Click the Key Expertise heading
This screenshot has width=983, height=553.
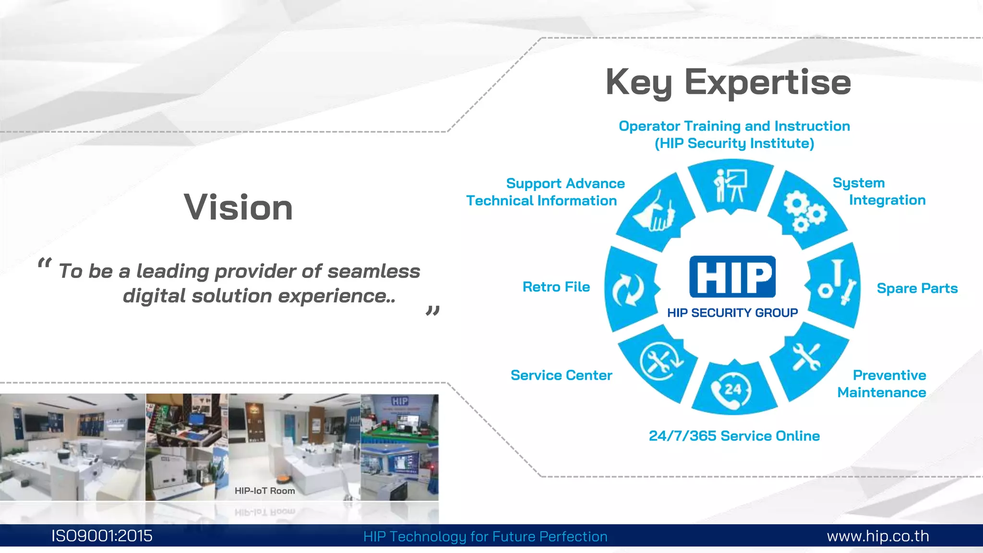pos(728,83)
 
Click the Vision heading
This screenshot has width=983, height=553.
pos(239,207)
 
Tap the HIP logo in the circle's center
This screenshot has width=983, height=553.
pos(732,276)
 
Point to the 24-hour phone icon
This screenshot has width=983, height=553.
pos(731,390)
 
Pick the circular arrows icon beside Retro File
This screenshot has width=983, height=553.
pos(628,289)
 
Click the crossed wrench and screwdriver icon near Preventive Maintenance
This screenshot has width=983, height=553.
pos(806,358)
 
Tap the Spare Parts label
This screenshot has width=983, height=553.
pos(917,288)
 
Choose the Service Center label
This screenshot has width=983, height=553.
pos(561,375)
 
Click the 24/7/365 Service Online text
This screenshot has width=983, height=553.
pos(734,436)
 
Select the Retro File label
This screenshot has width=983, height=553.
pos(556,287)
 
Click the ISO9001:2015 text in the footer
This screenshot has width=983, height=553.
pos(102,536)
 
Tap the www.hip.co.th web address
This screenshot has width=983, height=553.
pos(877,536)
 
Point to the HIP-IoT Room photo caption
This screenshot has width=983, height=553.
pos(264,491)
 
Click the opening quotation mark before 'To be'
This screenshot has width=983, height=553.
pos(44,264)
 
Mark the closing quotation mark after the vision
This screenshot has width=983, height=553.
pos(432,311)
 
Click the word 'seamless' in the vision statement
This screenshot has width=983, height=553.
pos(373,271)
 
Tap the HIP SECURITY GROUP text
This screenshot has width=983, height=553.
pos(732,313)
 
